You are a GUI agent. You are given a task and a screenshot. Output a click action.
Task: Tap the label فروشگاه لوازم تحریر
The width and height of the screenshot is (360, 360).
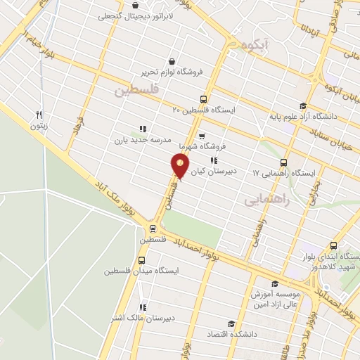[135, 72]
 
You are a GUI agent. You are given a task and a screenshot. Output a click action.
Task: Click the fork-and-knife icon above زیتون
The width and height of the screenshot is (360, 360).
[39, 115]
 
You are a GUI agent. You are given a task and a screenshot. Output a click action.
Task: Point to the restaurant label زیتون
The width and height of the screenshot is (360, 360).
[39, 127]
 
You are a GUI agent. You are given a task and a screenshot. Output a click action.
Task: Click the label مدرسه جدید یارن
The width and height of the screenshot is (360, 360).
[139, 140]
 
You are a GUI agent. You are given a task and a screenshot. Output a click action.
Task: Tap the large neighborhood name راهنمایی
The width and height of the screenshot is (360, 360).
[267, 200]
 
